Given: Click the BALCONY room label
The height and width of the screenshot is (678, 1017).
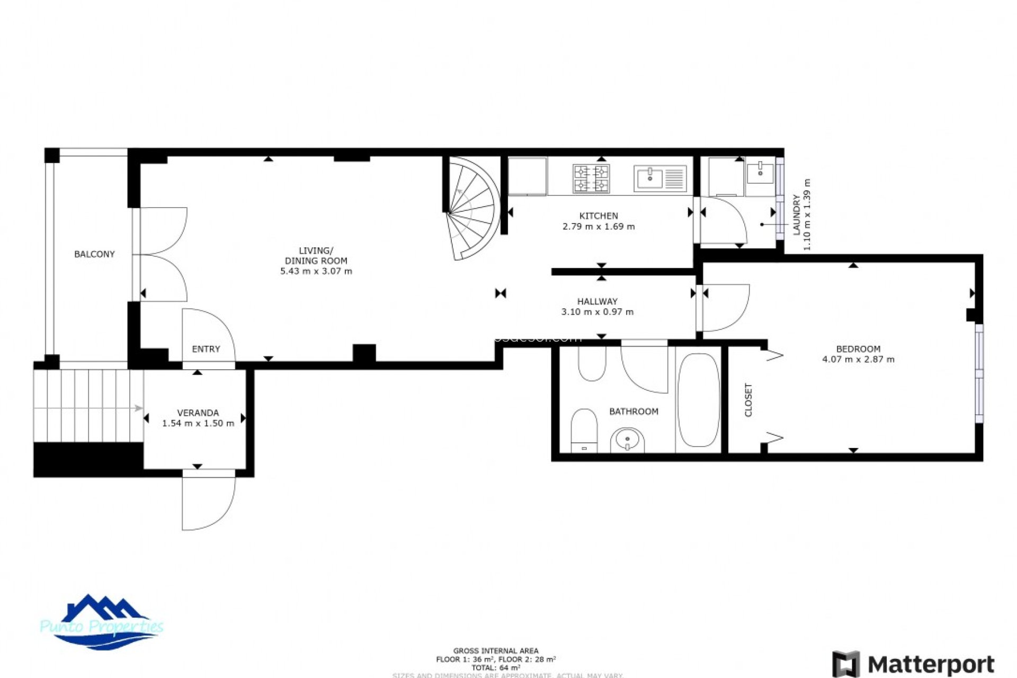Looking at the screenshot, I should (x=94, y=254).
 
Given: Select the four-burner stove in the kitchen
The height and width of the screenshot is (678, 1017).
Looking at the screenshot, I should (x=591, y=179).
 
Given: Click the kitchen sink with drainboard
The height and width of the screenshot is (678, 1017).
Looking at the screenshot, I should (x=660, y=178).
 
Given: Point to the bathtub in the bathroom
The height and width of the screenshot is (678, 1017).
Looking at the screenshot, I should (x=698, y=400).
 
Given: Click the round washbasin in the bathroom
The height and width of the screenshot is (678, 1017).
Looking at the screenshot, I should (x=628, y=440).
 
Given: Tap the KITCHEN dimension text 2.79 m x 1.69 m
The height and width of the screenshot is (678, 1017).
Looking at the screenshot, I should (x=599, y=227).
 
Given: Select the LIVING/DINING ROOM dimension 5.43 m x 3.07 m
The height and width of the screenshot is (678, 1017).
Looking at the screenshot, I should (x=316, y=271).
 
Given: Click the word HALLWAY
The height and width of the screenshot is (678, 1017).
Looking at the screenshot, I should (x=597, y=301).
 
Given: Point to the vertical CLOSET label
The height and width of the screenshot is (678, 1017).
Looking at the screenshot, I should (x=748, y=400).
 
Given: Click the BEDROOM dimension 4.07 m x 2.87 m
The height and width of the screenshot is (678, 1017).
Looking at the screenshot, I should (x=858, y=360).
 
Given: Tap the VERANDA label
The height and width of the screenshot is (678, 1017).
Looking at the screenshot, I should (x=198, y=413).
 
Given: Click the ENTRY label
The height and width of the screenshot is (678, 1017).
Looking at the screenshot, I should (x=206, y=349).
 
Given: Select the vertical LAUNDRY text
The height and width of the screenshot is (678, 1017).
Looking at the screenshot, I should (x=796, y=215).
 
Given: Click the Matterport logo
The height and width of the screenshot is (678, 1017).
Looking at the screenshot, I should (x=913, y=664).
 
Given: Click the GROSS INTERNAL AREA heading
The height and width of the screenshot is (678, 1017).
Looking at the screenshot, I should (x=496, y=650).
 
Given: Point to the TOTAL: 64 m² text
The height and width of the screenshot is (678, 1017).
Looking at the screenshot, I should (x=496, y=668).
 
